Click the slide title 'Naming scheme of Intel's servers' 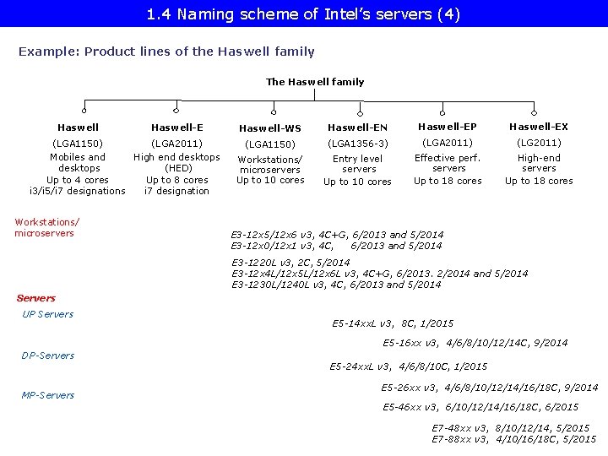(303, 14)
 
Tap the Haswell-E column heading (176, 128)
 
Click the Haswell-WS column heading (270, 128)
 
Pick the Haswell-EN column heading (358, 128)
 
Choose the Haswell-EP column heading (448, 127)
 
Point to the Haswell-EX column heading (539, 127)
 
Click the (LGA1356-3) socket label (358, 144)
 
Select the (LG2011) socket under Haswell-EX (539, 143)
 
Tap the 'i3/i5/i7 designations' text (77, 191)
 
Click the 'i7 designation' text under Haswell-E (176, 191)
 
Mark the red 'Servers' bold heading (36, 298)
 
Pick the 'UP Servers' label (47, 314)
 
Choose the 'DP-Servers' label (47, 356)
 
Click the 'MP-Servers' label (47, 395)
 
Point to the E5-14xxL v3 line (393, 323)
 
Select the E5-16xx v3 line (475, 343)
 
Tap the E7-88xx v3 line (513, 439)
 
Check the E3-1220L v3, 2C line (290, 263)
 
